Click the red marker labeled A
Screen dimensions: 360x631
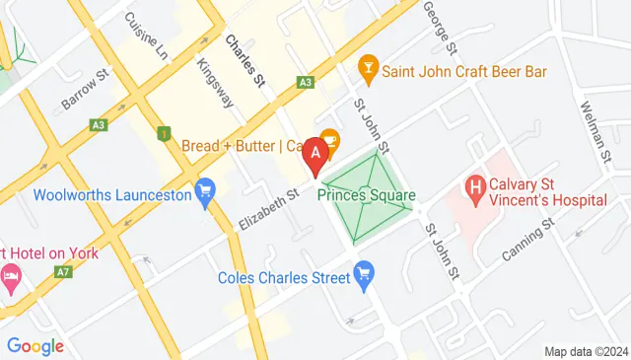(315, 154)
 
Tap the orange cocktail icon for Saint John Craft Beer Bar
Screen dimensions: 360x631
(369, 65)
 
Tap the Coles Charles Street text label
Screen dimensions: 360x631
(285, 277)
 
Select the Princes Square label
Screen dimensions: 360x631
(366, 195)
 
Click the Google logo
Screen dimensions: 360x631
(35, 346)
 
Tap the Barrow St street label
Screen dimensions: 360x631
(83, 90)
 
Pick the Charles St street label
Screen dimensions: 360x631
(245, 59)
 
